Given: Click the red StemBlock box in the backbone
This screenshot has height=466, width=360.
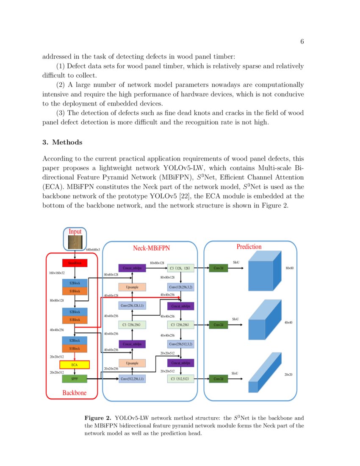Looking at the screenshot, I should (x=75, y=263).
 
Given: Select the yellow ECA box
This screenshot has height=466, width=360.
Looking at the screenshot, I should (x=75, y=364).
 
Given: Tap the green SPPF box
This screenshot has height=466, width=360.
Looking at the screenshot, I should (x=75, y=378).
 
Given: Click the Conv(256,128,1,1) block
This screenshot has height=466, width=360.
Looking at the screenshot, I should (x=133, y=305).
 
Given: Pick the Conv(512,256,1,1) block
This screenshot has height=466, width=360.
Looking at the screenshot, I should (x=133, y=379).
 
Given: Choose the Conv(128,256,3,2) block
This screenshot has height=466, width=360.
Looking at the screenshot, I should (x=181, y=287).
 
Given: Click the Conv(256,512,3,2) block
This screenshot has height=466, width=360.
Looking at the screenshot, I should (x=181, y=344).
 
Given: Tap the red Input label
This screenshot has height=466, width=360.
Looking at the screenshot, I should (x=75, y=232).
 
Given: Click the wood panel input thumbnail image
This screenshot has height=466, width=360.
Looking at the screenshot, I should (x=75, y=242).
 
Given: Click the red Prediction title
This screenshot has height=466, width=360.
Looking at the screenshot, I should (x=249, y=247).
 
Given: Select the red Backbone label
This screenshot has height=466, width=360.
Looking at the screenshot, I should (x=75, y=393).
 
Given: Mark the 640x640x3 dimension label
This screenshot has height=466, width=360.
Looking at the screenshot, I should (x=93, y=250).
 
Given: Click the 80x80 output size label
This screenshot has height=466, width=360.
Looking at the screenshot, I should (x=290, y=268).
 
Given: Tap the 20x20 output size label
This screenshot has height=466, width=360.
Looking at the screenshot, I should (x=288, y=374).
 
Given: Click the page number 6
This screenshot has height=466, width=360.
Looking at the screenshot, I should (x=302, y=42).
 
